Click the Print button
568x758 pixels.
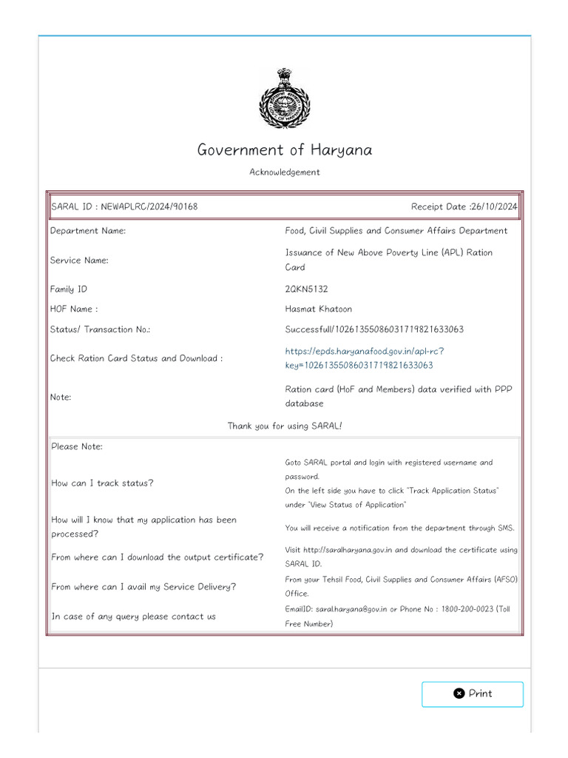tap(472, 694)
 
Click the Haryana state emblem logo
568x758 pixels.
tap(284, 98)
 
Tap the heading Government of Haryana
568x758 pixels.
tap(284, 150)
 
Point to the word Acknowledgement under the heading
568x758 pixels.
tap(284, 172)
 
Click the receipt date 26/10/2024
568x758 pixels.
tap(493, 207)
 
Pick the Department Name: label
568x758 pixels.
tap(88, 231)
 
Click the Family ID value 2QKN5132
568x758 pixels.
tap(306, 289)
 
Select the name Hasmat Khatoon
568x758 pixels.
tap(319, 309)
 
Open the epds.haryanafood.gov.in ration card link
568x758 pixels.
tap(365, 358)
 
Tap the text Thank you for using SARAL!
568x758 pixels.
tap(284, 426)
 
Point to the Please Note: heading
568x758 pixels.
tap(77, 446)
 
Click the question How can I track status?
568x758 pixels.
tap(102, 483)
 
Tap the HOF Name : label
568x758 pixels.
tap(73, 309)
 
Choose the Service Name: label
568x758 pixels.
tap(79, 261)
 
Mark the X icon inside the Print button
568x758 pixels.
tap(459, 694)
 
